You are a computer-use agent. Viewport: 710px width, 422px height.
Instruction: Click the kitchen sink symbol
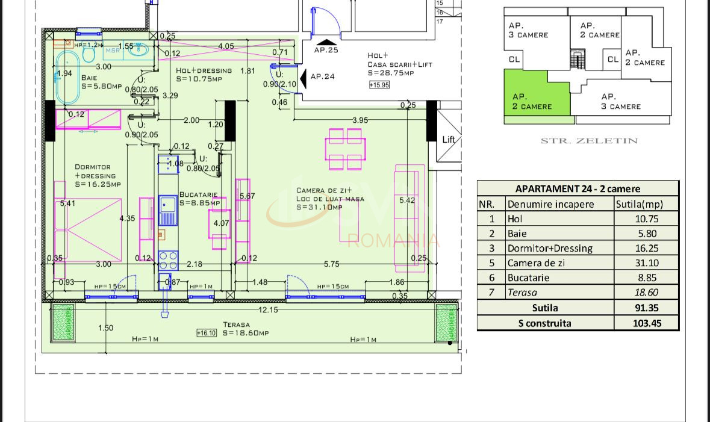168,209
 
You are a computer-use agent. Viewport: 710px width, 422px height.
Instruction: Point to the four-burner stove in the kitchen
168,260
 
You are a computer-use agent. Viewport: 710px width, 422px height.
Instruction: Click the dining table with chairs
345,149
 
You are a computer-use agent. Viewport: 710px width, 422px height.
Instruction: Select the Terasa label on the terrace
236,324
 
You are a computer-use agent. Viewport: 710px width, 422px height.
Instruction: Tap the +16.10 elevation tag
206,333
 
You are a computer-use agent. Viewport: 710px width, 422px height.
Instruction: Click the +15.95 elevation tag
379,85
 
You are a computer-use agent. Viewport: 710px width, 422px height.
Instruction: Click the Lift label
449,140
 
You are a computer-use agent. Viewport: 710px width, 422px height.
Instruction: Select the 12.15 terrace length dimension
268,309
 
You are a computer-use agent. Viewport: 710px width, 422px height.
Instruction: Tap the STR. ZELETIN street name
588,141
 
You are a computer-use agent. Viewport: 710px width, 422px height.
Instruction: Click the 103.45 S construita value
647,323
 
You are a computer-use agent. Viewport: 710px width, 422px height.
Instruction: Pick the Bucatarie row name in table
529,278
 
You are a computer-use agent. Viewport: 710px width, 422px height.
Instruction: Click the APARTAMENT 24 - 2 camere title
578,188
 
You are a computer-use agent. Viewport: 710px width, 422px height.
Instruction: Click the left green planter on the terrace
62,322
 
